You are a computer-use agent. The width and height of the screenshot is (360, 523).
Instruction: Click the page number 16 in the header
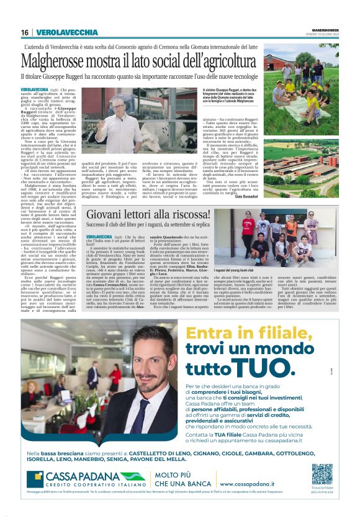click(x=24, y=32)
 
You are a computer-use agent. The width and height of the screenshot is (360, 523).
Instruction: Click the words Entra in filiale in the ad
click(x=236, y=332)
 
